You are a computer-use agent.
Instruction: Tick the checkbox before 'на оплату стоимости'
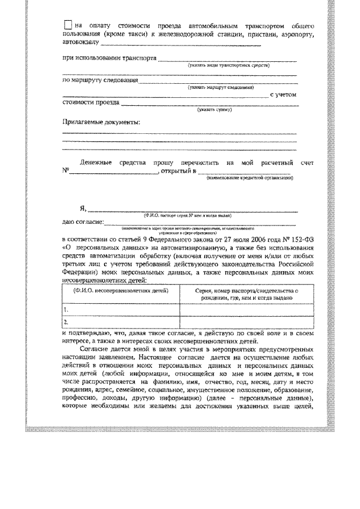point(67,25)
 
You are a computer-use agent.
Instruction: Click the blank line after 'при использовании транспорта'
point(227,60)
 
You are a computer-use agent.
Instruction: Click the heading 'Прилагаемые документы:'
point(101,121)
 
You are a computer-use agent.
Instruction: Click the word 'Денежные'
point(96,162)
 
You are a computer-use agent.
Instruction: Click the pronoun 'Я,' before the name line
point(83,209)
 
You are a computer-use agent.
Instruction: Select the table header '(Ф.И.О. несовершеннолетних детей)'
point(120,291)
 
